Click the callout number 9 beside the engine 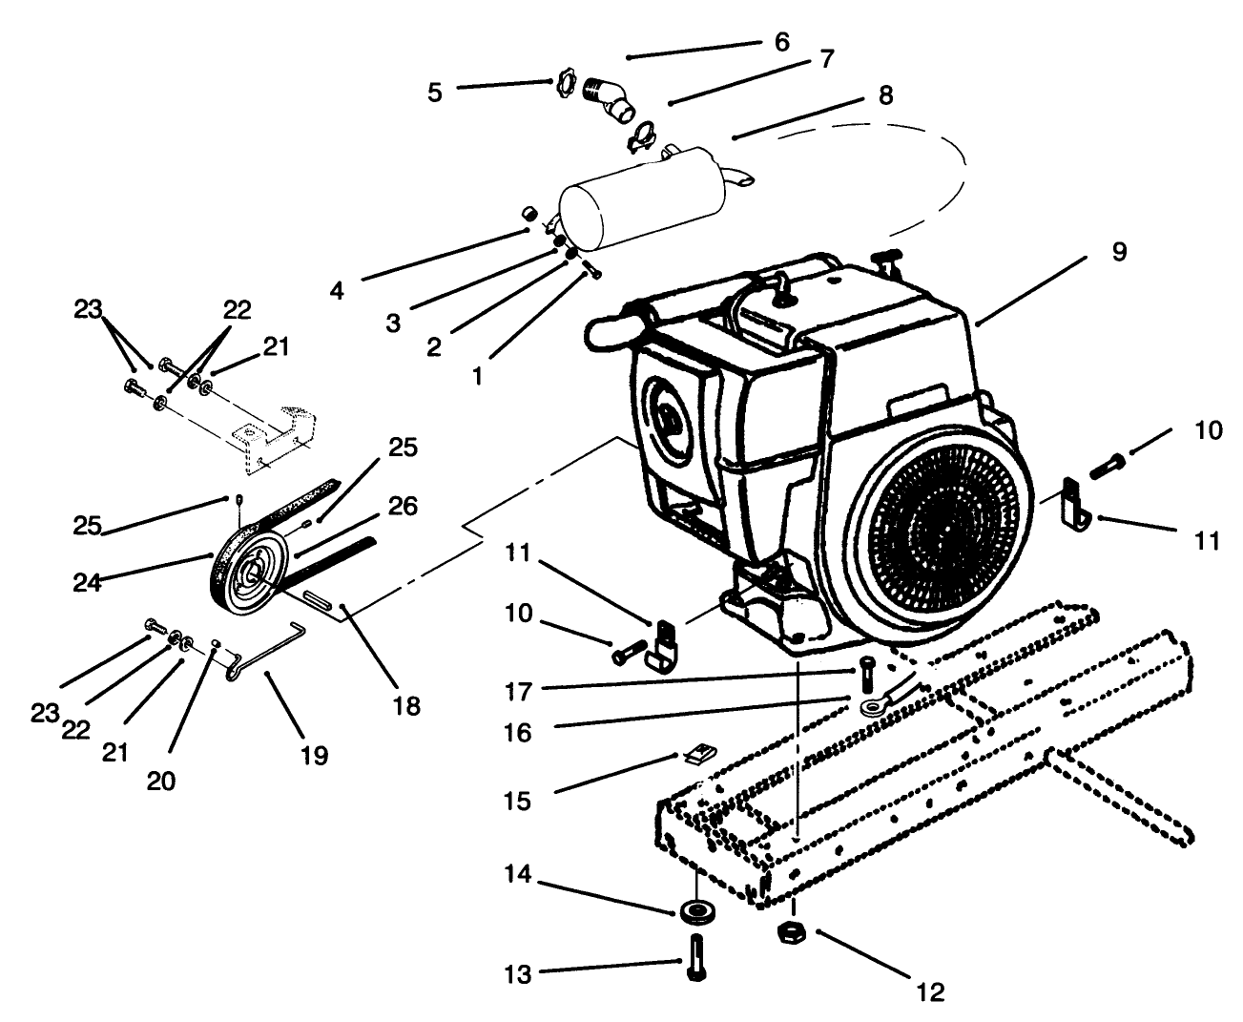[x=1119, y=252]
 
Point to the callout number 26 [x=403, y=506]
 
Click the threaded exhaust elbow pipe [x=609, y=97]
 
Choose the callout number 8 [x=886, y=96]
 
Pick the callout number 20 [x=161, y=781]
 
